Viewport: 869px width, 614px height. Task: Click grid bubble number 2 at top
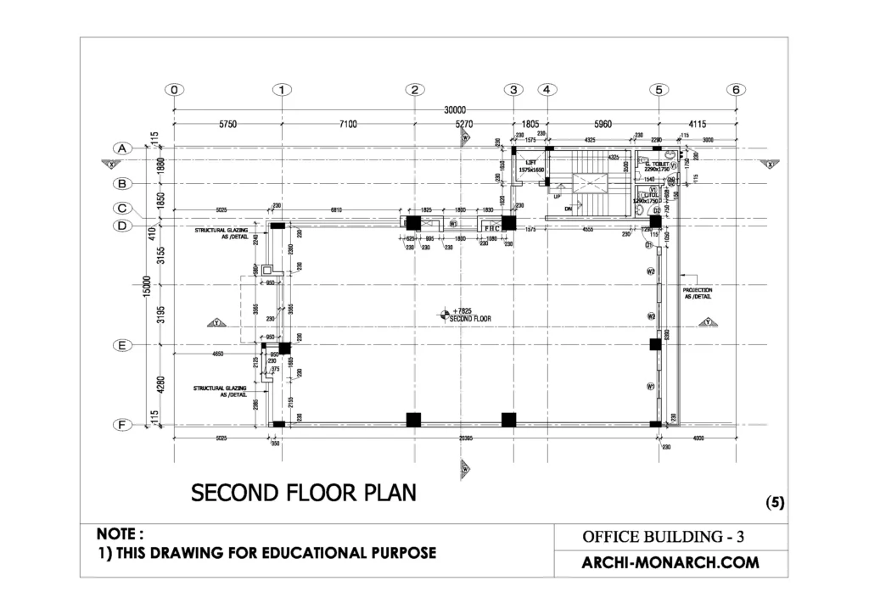413,90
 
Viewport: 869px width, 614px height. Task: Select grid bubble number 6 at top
736,90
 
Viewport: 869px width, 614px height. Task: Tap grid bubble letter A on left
122,148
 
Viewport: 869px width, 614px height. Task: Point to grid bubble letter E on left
122,346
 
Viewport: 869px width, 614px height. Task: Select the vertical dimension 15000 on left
146,287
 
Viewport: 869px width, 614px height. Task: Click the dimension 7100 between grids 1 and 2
348,125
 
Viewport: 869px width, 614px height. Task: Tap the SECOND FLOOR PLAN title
303,493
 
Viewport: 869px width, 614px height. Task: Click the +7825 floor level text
462,311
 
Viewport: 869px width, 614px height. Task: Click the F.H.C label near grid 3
491,228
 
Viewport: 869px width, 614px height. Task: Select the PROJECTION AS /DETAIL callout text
697,293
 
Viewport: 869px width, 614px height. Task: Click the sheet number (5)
775,502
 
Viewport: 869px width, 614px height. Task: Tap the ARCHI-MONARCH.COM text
670,562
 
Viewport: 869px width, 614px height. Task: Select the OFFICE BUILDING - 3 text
663,537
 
